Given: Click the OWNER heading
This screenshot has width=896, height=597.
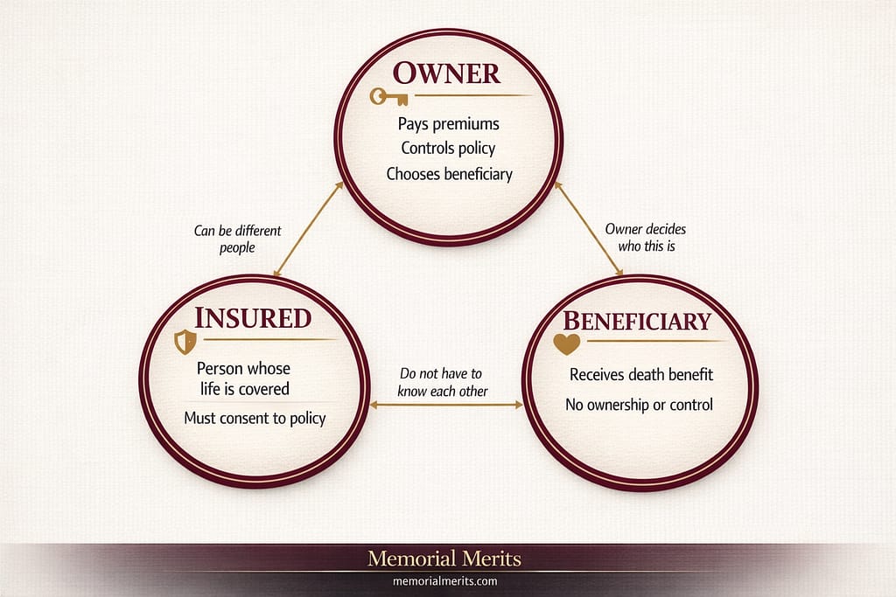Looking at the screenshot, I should [x=447, y=73].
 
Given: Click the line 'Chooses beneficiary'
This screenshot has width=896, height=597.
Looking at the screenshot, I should [x=449, y=173].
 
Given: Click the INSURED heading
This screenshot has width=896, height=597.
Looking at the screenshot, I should [x=253, y=317].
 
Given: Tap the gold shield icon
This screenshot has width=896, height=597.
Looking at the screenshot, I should [x=185, y=342].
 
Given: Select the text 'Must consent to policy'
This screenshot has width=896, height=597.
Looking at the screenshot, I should [x=255, y=418].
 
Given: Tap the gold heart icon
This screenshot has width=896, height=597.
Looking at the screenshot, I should [x=567, y=344].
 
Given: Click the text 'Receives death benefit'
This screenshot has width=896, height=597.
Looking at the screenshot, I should [x=641, y=374].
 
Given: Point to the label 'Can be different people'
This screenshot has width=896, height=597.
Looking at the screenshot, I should [x=237, y=239].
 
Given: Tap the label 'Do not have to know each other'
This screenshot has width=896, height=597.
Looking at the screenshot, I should [x=444, y=382].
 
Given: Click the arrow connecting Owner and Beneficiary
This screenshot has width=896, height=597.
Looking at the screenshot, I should [x=588, y=230].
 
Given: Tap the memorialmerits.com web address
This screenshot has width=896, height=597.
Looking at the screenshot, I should [x=447, y=580].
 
